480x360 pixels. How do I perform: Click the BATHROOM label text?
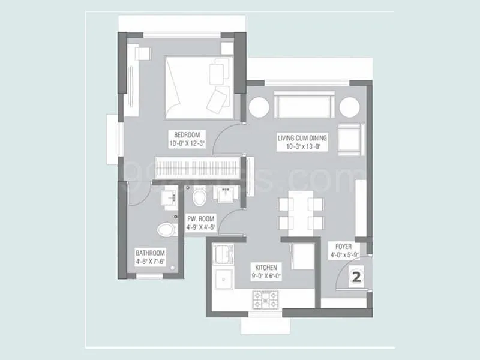coord(150,253)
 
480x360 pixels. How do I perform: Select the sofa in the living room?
coord(305,107)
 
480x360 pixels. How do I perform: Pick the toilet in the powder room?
coord(200,196)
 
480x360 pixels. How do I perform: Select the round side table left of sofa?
coord(259,107)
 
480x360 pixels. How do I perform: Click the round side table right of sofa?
coord(349,107)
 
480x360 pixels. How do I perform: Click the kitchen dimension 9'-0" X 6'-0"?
coord(266,275)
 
